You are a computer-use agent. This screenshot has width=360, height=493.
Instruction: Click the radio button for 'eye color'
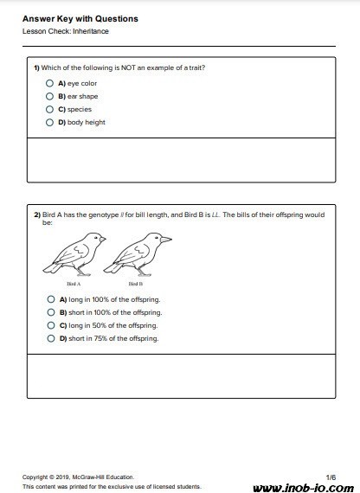click(49, 83)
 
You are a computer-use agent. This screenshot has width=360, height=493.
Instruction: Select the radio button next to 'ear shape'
click(49, 96)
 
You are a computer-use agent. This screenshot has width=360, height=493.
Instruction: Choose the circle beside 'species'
click(49, 110)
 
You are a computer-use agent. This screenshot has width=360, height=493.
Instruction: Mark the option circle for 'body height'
click(49, 122)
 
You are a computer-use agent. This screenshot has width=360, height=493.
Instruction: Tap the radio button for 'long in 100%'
click(51, 299)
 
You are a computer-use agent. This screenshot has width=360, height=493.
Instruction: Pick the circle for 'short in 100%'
click(51, 312)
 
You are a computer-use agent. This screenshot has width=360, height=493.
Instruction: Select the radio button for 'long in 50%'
click(51, 325)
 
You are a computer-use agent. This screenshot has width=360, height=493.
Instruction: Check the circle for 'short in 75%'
click(51, 339)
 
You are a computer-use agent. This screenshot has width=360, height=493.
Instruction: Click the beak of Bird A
click(103, 240)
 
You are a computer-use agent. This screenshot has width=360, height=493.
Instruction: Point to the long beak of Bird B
click(166, 240)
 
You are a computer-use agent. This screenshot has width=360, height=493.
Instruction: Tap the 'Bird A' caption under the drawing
click(74, 284)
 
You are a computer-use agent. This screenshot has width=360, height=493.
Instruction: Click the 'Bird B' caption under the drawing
click(136, 284)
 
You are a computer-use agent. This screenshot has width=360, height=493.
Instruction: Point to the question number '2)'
click(37, 215)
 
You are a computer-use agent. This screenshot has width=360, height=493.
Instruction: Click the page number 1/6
click(331, 477)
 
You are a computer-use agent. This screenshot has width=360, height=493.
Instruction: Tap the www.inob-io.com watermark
click(304, 488)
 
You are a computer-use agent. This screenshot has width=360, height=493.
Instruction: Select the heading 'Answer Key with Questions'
click(80, 19)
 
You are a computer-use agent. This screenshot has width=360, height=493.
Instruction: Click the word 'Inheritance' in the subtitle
click(91, 31)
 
